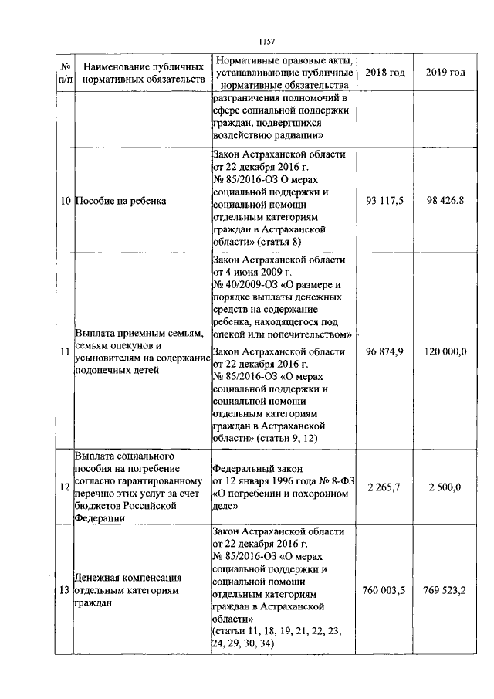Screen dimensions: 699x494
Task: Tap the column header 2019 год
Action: [445, 72]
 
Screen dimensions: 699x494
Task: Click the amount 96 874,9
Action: [384, 351]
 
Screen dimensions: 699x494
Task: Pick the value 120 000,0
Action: [445, 351]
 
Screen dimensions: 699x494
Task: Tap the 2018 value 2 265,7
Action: [384, 487]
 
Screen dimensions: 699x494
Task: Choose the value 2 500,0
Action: [445, 487]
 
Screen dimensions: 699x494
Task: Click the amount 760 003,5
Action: [384, 591]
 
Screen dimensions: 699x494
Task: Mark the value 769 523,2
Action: [445, 591]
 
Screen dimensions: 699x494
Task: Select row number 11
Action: [66, 352]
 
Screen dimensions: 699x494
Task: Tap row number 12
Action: [66, 487]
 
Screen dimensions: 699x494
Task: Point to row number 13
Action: [66, 592]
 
